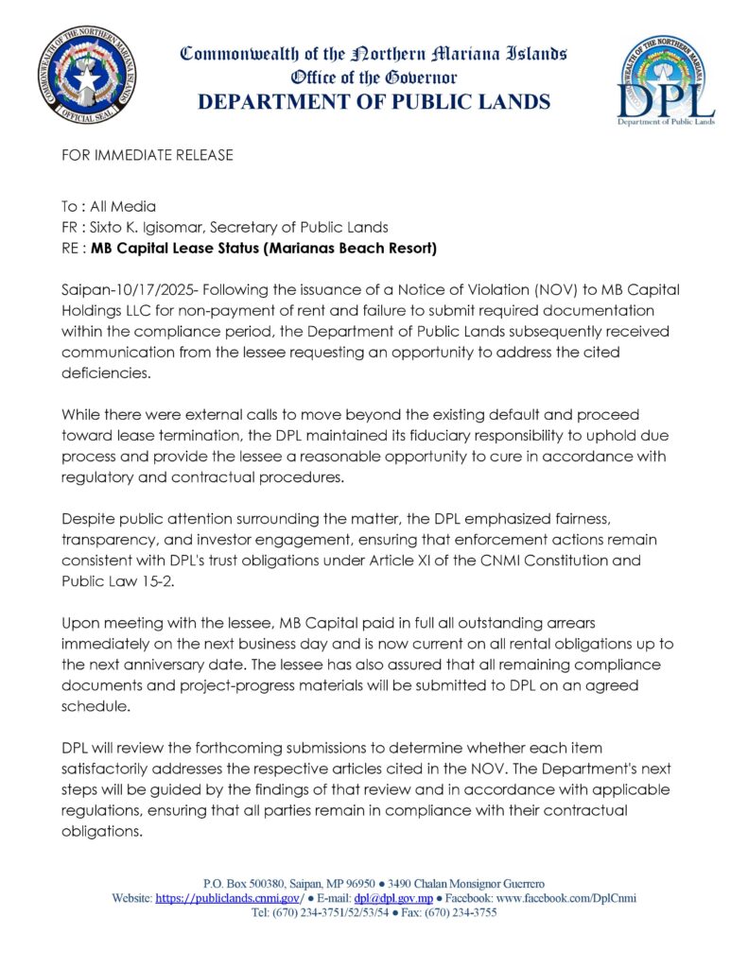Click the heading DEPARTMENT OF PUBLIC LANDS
pos(374,102)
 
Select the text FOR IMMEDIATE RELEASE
pos(147,155)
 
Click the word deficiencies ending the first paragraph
pos(103,372)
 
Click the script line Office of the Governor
pos(374,77)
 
